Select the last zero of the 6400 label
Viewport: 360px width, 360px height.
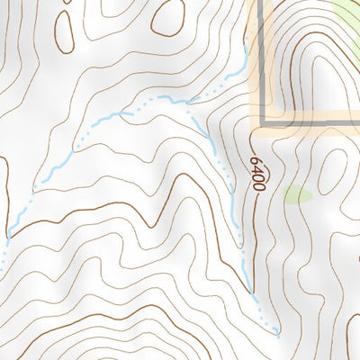258,185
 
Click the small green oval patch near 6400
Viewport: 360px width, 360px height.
298,193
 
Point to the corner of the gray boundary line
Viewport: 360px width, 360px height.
264,122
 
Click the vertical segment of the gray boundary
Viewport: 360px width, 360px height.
264,54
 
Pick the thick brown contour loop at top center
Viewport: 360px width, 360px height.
166,17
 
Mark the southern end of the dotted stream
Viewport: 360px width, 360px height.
278,335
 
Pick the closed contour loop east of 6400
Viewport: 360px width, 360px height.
333,171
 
